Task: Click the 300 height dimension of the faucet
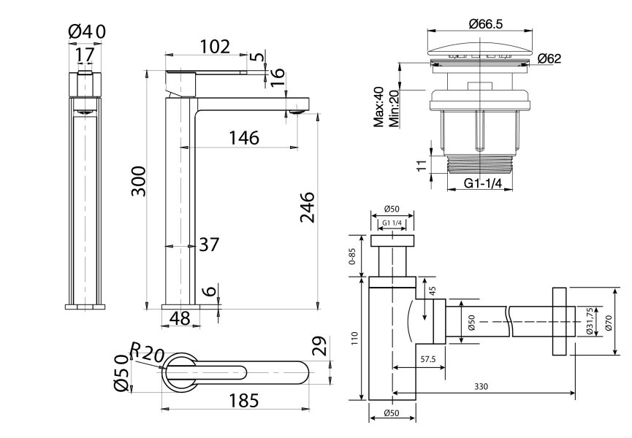tap(138, 181)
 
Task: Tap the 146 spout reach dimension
tap(243, 137)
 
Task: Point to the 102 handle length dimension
tap(214, 46)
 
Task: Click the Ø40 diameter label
tap(87, 31)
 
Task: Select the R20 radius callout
tap(146, 353)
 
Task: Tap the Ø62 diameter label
tap(549, 58)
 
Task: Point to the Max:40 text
tap(379, 107)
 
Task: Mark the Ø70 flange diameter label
tap(609, 321)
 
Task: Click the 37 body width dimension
tap(209, 245)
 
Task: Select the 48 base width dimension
tap(180, 318)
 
